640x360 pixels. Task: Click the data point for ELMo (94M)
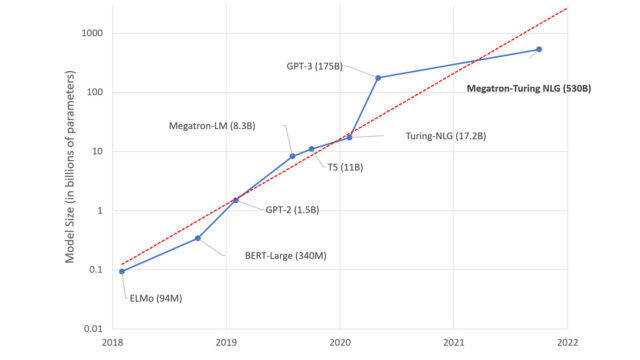coord(121,271)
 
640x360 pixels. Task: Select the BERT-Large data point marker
coord(198,238)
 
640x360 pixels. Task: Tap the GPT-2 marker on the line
coord(235,200)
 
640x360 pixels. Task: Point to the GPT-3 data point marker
coord(378,77)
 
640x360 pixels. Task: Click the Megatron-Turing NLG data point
coord(539,49)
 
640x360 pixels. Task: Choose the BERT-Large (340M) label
coord(286,256)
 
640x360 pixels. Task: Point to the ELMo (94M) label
coord(158,298)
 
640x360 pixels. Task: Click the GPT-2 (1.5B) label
coord(292,209)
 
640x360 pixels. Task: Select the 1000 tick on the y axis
coord(90,33)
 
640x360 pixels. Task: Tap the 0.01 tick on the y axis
coord(90,329)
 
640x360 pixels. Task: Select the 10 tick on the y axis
coord(96,152)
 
